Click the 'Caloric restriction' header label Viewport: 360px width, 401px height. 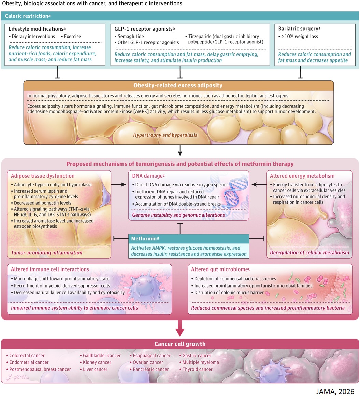tap(26, 16)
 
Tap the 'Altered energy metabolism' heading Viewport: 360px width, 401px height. tap(302, 176)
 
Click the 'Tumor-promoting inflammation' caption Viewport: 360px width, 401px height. tap(47, 253)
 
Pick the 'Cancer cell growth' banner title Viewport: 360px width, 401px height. tap(180, 344)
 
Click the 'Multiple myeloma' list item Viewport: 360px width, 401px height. tap(201, 362)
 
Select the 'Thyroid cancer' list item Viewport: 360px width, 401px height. tap(197, 369)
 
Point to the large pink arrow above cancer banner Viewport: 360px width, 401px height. tap(180, 328)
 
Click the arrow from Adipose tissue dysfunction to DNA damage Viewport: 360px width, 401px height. tap(119, 185)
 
